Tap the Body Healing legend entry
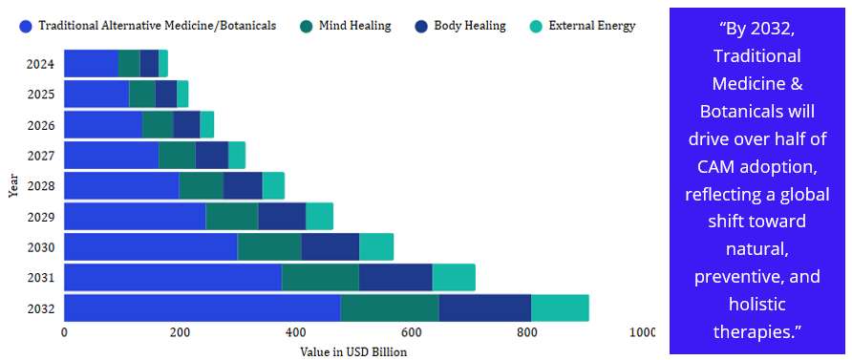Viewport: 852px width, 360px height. point(465,26)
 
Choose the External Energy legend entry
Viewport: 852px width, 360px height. point(588,26)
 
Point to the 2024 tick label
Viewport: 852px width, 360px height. point(41,66)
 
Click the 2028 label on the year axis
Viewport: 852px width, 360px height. point(41,187)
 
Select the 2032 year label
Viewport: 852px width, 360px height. point(41,309)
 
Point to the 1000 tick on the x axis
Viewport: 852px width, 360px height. point(642,333)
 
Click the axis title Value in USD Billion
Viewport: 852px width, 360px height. point(353,352)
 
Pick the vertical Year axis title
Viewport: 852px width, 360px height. point(13,185)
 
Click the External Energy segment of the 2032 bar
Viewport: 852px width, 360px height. point(560,308)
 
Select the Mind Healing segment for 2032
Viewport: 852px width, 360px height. point(389,308)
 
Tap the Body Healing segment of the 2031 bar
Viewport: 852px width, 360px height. point(395,278)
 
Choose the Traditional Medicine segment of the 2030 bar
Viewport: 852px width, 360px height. point(150,247)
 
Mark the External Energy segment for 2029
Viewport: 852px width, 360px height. point(319,217)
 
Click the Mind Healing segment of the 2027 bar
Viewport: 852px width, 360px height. point(177,156)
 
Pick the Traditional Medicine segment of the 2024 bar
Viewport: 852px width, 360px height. point(91,65)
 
